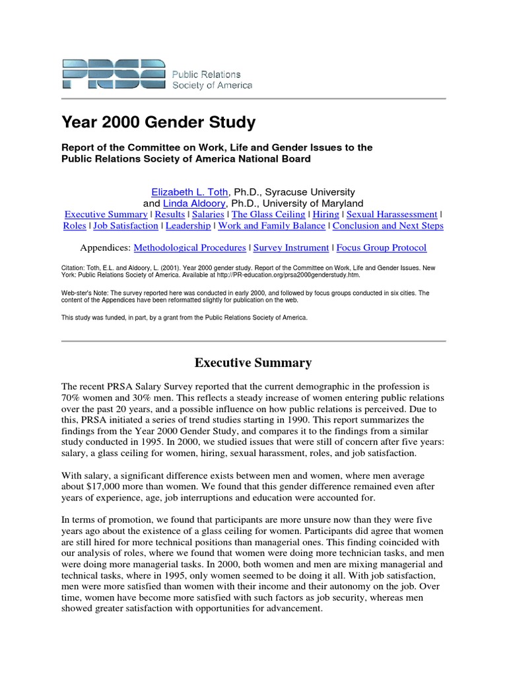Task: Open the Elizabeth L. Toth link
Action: (x=189, y=192)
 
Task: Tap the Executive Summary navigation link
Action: (x=106, y=215)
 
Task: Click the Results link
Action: (x=170, y=215)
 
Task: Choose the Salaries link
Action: (x=207, y=215)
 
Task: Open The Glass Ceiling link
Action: (x=269, y=215)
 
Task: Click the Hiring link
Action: (x=326, y=215)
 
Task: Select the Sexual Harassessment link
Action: (x=392, y=215)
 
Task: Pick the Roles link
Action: (x=75, y=226)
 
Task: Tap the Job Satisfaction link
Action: (x=125, y=226)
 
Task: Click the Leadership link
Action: (x=188, y=226)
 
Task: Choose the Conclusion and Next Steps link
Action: (x=388, y=226)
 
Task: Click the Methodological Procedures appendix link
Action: (x=189, y=248)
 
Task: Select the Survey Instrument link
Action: (x=291, y=248)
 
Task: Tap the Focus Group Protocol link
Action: (x=382, y=248)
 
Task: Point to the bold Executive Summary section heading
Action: (x=253, y=363)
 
